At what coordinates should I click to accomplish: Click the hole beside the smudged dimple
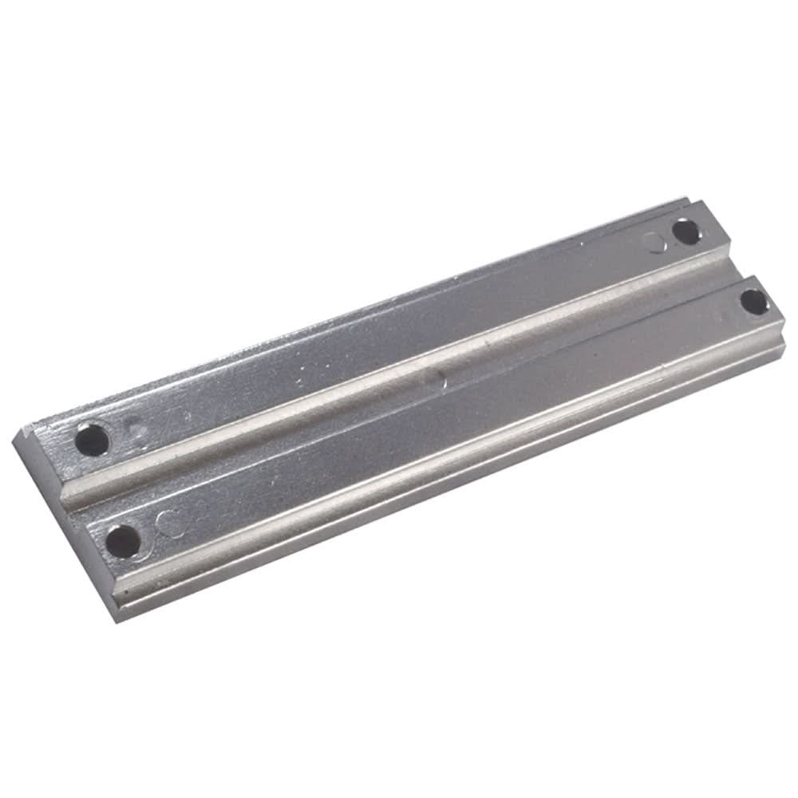tap(93, 439)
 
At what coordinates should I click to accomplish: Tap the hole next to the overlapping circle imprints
tap(123, 541)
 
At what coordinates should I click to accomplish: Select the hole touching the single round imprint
tap(685, 232)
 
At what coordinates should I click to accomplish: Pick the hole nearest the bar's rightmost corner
tap(753, 302)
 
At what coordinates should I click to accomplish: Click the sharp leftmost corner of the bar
tap(15, 437)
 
